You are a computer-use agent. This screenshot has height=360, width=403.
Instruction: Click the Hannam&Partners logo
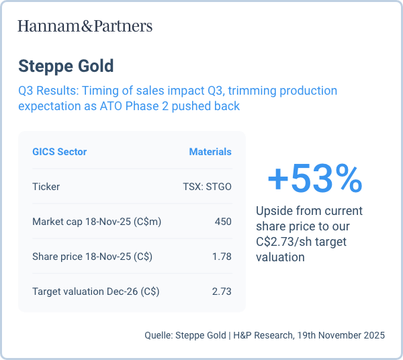85,26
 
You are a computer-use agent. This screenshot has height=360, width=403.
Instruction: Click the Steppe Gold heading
66,66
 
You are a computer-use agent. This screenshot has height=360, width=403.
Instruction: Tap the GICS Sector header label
59,152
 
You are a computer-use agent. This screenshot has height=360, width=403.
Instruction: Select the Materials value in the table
210,152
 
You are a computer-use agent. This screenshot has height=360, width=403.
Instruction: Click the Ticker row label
46,187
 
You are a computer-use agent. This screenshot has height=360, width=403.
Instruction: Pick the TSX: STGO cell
207,187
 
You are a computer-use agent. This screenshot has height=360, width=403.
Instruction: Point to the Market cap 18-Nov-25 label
97,222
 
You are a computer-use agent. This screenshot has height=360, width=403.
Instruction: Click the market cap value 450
223,222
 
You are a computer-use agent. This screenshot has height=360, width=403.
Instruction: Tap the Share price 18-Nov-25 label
91,257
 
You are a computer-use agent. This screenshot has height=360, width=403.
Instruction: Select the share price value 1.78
222,257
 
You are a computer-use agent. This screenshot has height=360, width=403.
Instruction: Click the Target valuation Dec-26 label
95,291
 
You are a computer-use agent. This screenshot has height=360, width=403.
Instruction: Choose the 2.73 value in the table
222,291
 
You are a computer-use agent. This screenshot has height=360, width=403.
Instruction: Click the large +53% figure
314,179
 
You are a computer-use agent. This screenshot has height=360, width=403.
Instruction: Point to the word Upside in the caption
273,210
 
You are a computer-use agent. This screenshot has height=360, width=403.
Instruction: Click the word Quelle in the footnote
158,334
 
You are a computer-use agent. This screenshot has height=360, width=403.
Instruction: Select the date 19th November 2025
341,334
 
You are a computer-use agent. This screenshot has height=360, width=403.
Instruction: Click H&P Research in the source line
263,334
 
